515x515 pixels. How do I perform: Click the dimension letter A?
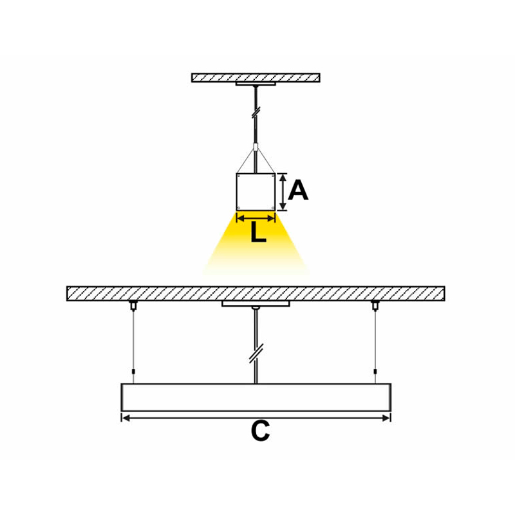[x=298, y=190]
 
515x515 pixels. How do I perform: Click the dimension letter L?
[x=258, y=232]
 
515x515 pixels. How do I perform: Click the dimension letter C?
[x=261, y=431]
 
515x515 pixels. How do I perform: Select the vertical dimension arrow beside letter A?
[x=283, y=192]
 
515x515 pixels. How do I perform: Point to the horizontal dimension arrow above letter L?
[x=256, y=218]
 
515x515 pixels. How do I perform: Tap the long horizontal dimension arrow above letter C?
[x=256, y=418]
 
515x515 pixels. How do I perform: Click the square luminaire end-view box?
[x=256, y=192]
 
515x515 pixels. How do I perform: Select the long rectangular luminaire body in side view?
[x=256, y=397]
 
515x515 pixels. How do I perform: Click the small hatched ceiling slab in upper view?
[x=256, y=77]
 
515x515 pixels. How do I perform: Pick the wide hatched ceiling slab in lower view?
[x=256, y=294]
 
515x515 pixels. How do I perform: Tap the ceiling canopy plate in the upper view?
[x=256, y=84]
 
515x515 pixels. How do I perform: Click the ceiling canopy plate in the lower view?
[x=256, y=304]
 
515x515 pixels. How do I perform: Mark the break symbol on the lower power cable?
[x=256, y=353]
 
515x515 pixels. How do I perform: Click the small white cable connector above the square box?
[x=256, y=147]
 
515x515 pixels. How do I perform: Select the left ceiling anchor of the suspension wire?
[x=133, y=305]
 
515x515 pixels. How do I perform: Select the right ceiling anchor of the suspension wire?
[x=375, y=305]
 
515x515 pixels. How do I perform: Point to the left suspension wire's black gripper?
[x=133, y=371]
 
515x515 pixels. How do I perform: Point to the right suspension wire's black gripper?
[x=375, y=371]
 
